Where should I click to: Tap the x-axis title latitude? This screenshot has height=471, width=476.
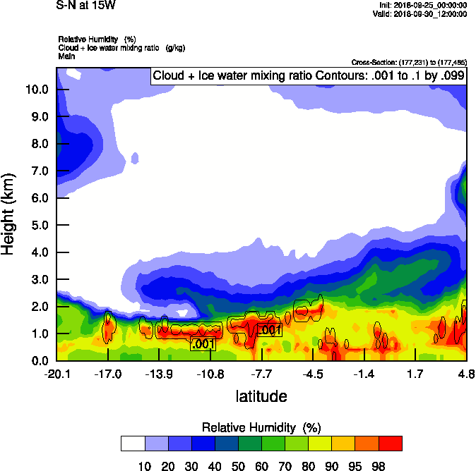click(261, 396)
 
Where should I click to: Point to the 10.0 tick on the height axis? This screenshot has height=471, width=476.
click(36, 90)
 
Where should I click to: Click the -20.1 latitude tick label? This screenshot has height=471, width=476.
click(55, 372)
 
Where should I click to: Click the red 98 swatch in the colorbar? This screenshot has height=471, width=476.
click(391, 444)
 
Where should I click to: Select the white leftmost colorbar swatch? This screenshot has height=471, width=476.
click(133, 444)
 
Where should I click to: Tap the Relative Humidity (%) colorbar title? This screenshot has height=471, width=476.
click(261, 427)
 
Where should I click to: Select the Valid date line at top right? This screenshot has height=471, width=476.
click(421, 13)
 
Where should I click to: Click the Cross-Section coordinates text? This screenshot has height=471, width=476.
click(408, 62)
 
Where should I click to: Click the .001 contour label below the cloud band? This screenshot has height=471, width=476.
click(203, 344)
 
